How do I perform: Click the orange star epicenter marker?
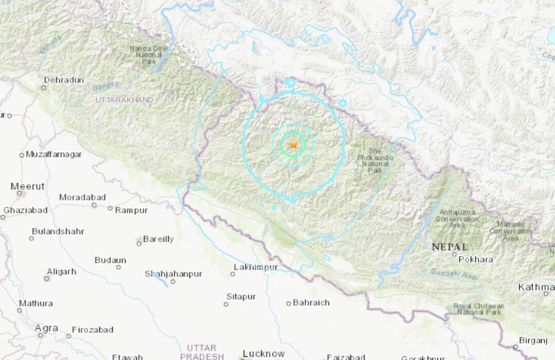[293, 145]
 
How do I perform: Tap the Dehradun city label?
[64, 80]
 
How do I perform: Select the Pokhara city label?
[475, 259]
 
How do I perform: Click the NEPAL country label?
[450, 247]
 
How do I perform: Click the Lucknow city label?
[264, 353]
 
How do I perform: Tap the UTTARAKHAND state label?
[124, 99]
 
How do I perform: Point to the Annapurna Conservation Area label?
[457, 219]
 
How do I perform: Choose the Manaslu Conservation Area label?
[510, 231]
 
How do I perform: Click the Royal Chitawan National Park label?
[478, 309]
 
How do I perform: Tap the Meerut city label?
[27, 186]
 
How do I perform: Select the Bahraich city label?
[311, 302]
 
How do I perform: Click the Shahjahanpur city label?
[173, 274]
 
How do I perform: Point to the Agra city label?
[46, 328]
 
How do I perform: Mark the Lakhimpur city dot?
[232, 274]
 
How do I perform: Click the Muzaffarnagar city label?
[54, 154]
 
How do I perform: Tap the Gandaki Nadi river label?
[454, 275]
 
